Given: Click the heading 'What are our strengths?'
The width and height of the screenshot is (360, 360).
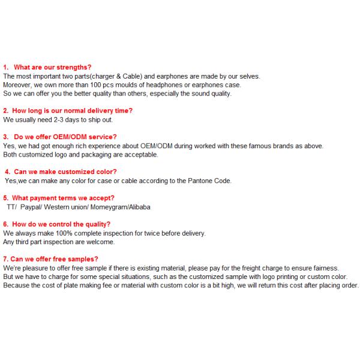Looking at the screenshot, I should [52, 68].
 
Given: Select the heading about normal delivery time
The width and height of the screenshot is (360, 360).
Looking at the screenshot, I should [73, 111].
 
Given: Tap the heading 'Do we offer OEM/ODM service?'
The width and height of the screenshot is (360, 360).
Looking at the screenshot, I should [65, 137].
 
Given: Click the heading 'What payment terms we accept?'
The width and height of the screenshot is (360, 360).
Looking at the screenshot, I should [64, 198].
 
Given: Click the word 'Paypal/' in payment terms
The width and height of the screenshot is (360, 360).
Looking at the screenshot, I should [32, 207].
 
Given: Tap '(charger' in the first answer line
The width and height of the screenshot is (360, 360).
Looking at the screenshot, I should [102, 77].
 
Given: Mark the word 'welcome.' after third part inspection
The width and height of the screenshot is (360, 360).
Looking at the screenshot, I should [102, 242].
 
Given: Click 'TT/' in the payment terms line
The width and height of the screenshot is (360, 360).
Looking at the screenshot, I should [11, 207].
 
